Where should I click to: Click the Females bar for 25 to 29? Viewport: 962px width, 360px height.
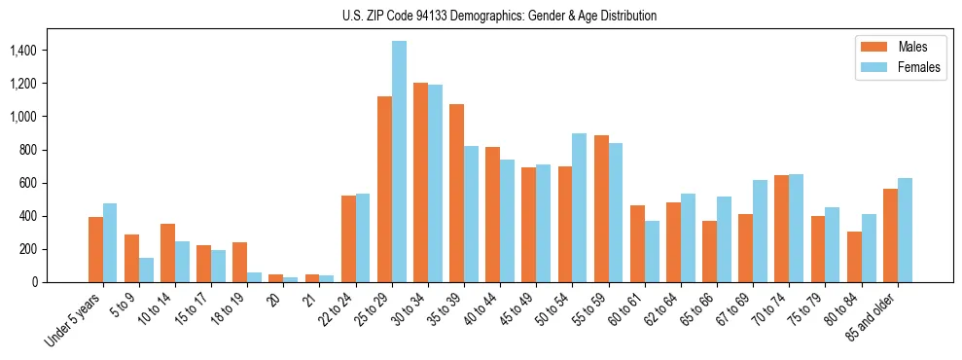pos(399,162)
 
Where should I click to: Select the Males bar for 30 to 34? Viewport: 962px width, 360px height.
pos(420,183)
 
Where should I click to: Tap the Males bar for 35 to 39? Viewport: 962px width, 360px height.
pos(456,194)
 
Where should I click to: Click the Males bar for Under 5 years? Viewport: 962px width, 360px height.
pos(95,250)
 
